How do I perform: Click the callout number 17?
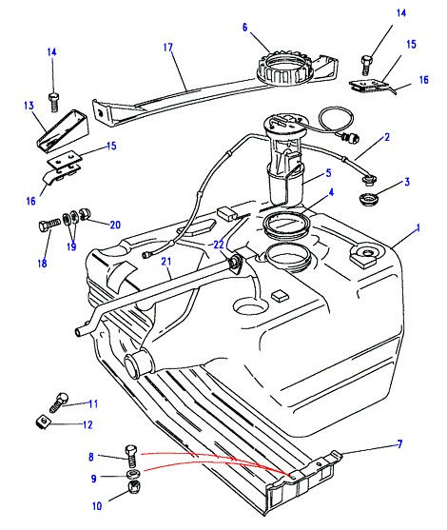point(168,48)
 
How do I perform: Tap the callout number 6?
point(245,27)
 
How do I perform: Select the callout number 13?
point(29,106)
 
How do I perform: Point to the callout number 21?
point(166,262)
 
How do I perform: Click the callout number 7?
point(400,443)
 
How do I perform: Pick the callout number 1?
point(418,228)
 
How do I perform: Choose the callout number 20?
point(115,225)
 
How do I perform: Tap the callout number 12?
point(87,424)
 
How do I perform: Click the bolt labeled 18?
point(49,225)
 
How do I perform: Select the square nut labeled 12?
point(43,422)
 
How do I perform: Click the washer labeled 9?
point(133,474)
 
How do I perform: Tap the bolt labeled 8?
point(131,456)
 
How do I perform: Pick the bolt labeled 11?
point(59,402)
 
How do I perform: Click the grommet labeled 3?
point(368,199)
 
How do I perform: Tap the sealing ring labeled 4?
point(286,225)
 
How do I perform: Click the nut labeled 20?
point(84,214)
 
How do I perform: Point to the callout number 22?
point(219,245)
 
